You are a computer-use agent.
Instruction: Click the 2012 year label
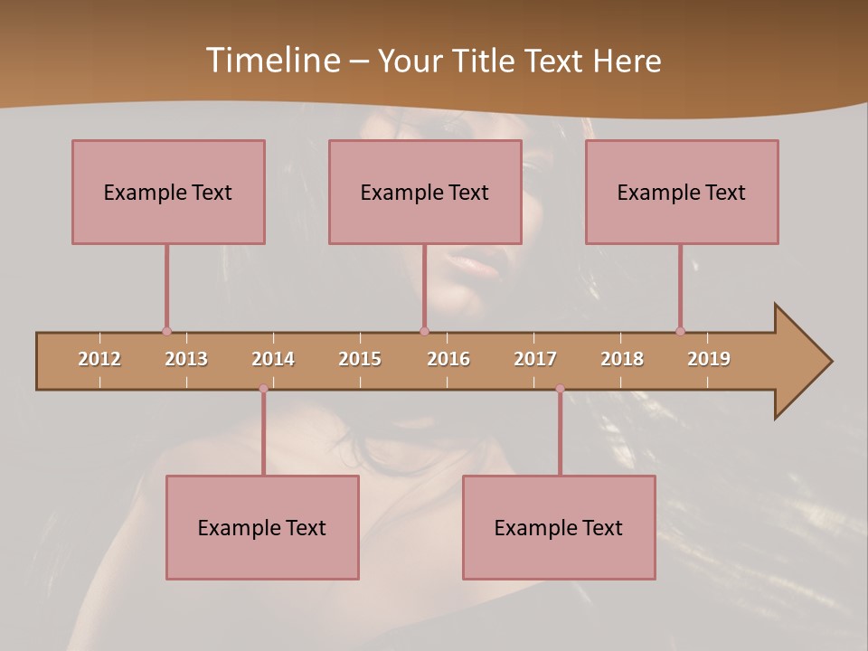pyautogui.click(x=99, y=359)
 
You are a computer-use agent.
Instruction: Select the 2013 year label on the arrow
pyautogui.click(x=186, y=359)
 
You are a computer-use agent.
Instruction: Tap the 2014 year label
pyautogui.click(x=273, y=359)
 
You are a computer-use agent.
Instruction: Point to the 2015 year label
pyautogui.click(x=360, y=359)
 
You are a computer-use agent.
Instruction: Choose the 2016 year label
pyautogui.click(x=448, y=359)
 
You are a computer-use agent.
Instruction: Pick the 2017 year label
pyautogui.click(x=535, y=359)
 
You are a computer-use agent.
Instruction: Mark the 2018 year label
pyautogui.click(x=622, y=359)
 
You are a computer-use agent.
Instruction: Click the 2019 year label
pyautogui.click(x=709, y=359)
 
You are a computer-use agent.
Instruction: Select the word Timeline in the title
pyautogui.click(x=271, y=61)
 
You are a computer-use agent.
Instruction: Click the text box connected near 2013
pyautogui.click(x=168, y=192)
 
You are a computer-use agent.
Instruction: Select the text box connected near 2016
pyautogui.click(x=425, y=192)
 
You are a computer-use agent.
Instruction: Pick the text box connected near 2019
pyautogui.click(x=682, y=192)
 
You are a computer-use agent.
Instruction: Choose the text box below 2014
pyautogui.click(x=262, y=527)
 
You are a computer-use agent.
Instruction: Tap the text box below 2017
pyautogui.click(x=559, y=527)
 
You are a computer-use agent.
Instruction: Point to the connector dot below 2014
pyautogui.click(x=263, y=389)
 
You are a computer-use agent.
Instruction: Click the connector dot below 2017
pyautogui.click(x=560, y=389)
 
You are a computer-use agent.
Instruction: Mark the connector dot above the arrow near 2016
pyautogui.click(x=424, y=331)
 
